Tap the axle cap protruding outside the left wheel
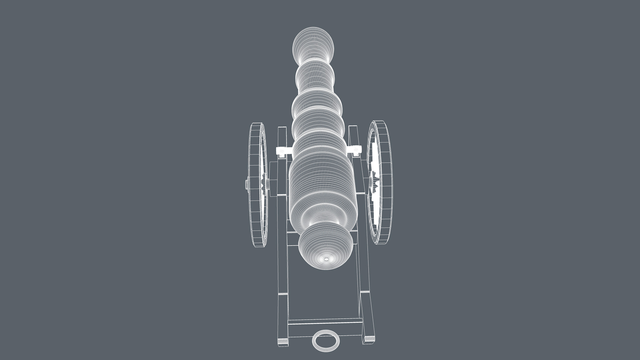[247, 184]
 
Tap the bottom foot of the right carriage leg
[369, 339]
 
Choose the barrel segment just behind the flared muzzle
[315, 75]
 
